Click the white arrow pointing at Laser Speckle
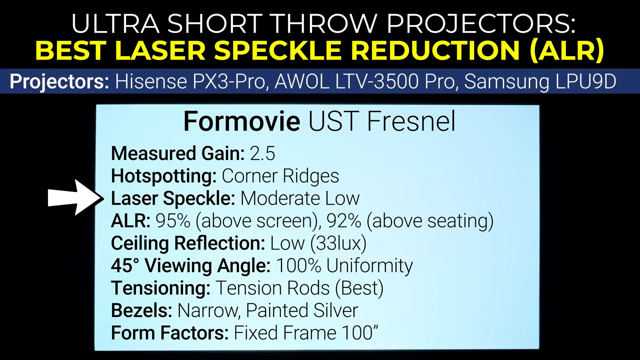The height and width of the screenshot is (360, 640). [75, 197]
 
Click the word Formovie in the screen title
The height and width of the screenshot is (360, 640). [241, 122]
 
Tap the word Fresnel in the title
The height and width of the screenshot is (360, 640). [411, 122]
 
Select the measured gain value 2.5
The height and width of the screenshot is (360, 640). [262, 153]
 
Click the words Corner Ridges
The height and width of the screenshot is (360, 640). [280, 176]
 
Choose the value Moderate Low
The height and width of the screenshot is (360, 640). [300, 198]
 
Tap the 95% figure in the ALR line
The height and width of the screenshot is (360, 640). [173, 221]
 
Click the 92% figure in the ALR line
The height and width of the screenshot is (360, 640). [343, 221]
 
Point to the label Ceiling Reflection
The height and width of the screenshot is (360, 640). [188, 243]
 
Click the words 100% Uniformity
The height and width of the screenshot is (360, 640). [344, 265]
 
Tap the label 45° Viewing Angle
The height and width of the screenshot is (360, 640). [190, 265]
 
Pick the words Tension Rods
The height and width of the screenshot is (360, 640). [272, 288]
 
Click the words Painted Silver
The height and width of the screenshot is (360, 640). [301, 310]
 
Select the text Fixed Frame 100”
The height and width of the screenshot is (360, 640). [306, 333]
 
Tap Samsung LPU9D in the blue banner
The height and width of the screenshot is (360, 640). [540, 81]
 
